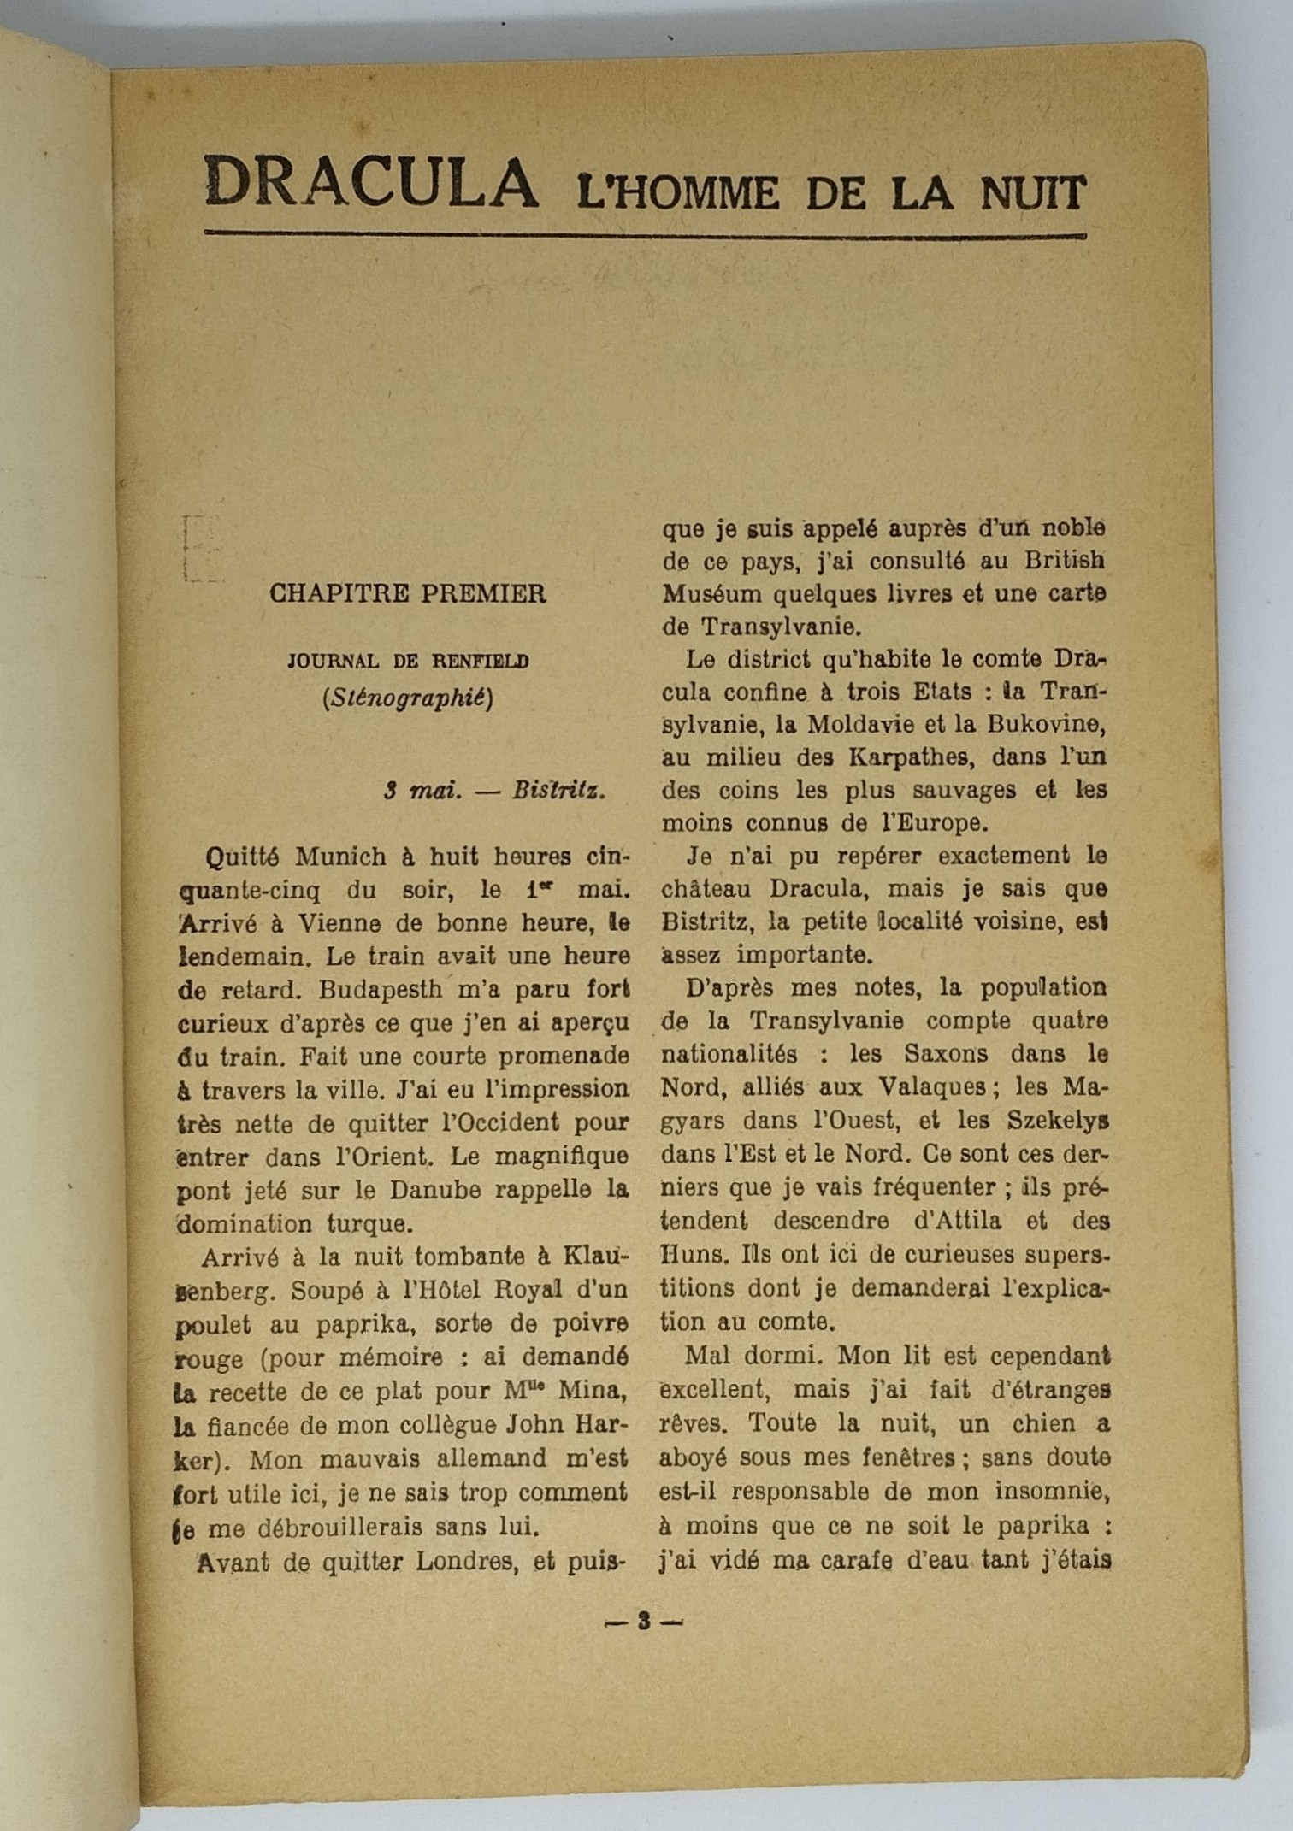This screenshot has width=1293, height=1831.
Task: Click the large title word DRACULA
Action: (x=371, y=182)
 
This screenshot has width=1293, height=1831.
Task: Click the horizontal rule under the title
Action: (x=645, y=234)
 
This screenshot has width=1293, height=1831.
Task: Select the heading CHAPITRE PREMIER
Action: (x=407, y=593)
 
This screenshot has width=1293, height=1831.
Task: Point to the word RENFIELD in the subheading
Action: (x=480, y=661)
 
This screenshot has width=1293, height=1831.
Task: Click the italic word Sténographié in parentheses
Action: (x=408, y=698)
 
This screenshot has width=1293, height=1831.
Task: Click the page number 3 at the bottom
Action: (x=644, y=1621)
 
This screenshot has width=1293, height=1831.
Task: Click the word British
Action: (x=1065, y=561)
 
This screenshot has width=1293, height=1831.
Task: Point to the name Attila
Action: (x=959, y=1221)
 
